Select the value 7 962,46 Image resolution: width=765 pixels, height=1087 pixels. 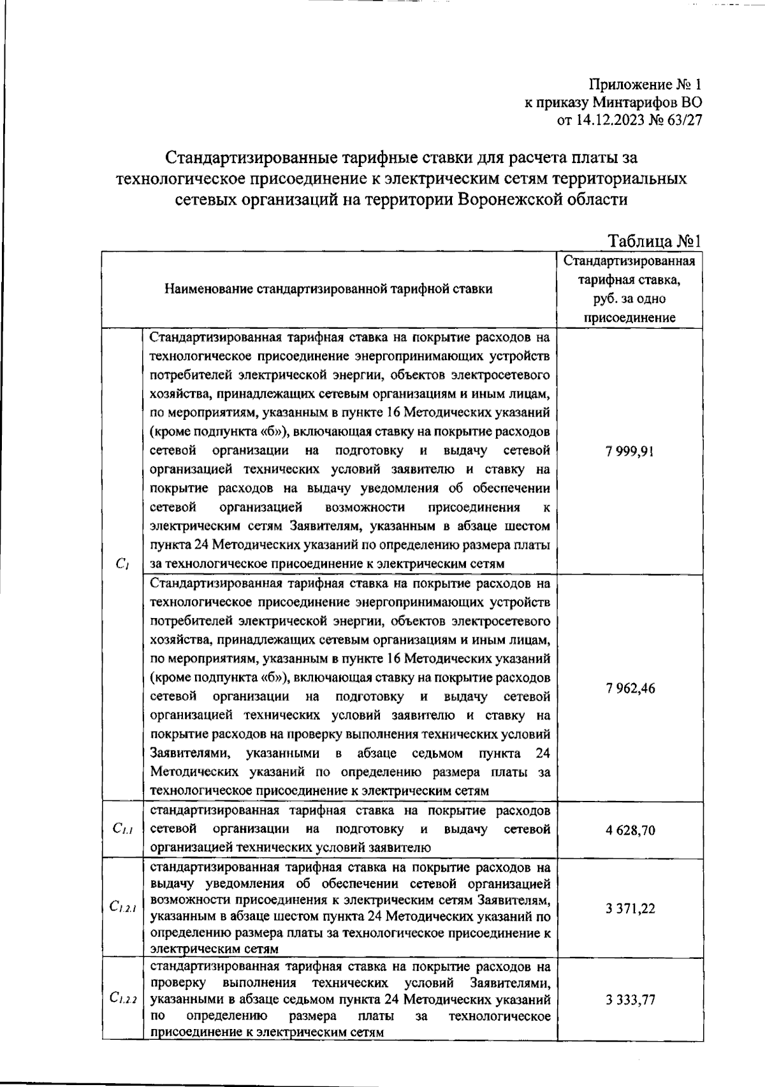(x=630, y=688)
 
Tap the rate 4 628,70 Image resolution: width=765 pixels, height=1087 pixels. (x=630, y=830)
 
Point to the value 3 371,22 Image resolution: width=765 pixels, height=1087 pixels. (x=630, y=908)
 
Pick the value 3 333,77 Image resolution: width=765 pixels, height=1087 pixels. (x=630, y=999)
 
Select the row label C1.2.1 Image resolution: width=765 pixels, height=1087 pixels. (x=122, y=909)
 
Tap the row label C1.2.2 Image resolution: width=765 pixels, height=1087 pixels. (x=122, y=1000)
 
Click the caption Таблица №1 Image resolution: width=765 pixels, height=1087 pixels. (x=655, y=241)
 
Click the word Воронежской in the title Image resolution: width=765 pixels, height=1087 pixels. (x=506, y=199)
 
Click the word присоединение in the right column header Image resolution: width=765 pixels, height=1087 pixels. (x=630, y=317)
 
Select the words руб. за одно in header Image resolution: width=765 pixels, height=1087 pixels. (x=630, y=298)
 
